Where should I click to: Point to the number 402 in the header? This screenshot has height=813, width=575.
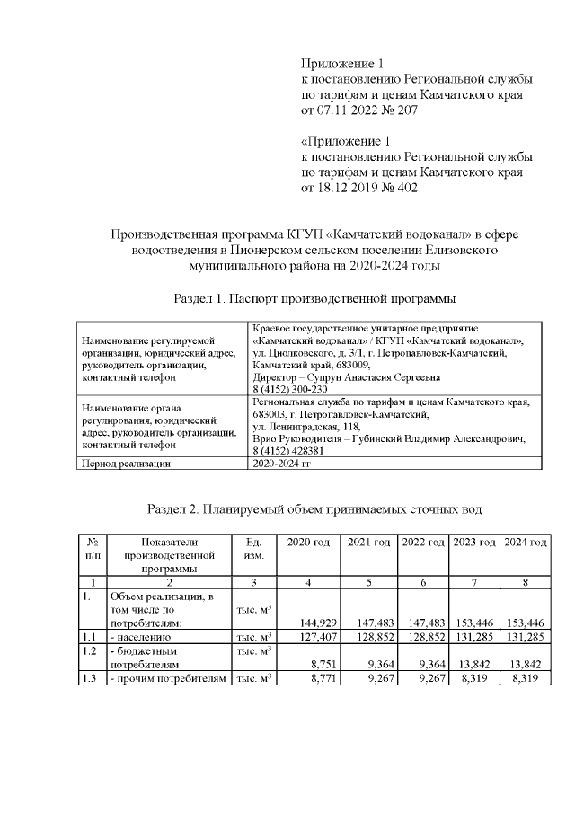pyautogui.click(x=406, y=188)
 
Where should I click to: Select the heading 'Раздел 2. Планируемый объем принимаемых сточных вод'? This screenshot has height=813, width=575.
pyautogui.click(x=314, y=509)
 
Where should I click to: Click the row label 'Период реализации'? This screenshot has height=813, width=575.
pyautogui.click(x=126, y=464)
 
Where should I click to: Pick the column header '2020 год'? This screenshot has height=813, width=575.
pyautogui.click(x=308, y=543)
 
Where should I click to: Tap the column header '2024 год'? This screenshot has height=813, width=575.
pyautogui.click(x=526, y=543)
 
